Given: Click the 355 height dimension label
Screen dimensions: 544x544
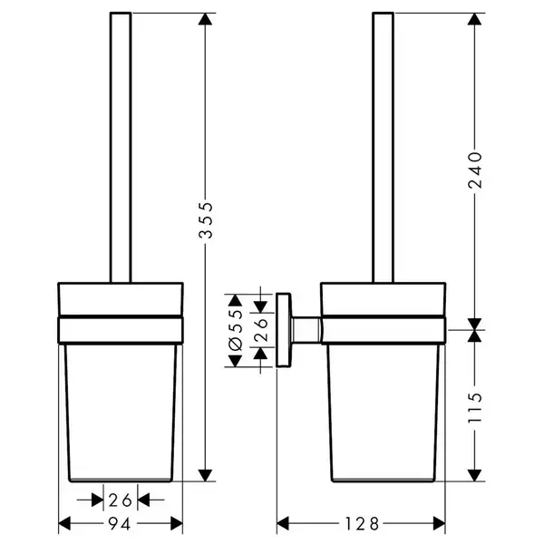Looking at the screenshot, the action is (206, 220).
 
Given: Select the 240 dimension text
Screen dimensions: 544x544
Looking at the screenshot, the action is (475, 170).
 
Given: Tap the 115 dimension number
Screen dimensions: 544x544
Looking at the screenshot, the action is (475, 407).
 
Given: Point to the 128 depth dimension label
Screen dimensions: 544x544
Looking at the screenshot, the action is (362, 523).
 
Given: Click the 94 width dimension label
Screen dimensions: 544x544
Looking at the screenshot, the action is (120, 523).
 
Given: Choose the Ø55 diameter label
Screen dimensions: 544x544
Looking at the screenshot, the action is (236, 330).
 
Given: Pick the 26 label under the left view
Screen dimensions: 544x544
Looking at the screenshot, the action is (121, 500).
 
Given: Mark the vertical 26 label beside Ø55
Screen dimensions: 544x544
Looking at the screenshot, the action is (260, 330).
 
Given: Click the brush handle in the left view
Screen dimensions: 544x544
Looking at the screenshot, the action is (121, 148).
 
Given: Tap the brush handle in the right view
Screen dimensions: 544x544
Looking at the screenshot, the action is (383, 148).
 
